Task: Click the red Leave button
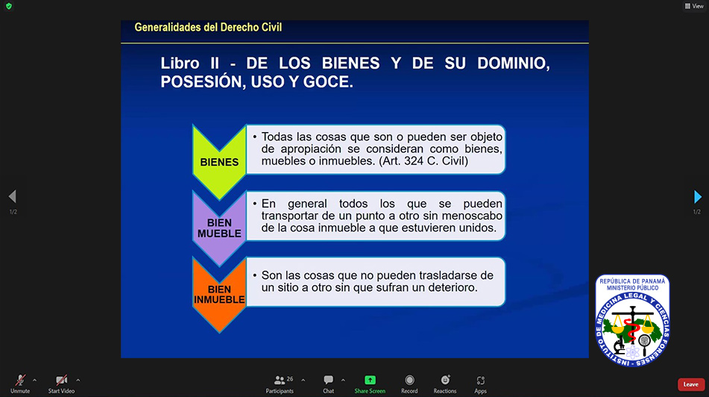pyautogui.click(x=690, y=384)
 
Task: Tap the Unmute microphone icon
pyautogui.click(x=20, y=380)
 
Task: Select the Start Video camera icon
pyautogui.click(x=61, y=380)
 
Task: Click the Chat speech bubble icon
pyautogui.click(x=328, y=380)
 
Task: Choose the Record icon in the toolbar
pyautogui.click(x=409, y=380)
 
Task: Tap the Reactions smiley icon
pyautogui.click(x=445, y=380)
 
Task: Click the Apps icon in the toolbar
pyautogui.click(x=480, y=381)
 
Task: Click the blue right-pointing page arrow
pyautogui.click(x=698, y=196)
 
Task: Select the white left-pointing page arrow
pyautogui.click(x=12, y=196)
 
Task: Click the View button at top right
pyautogui.click(x=693, y=6)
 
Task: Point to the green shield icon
pyautogui.click(x=9, y=6)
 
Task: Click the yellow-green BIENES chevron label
pyautogui.click(x=219, y=162)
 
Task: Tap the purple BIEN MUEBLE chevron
pyautogui.click(x=219, y=228)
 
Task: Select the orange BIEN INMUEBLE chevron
pyautogui.click(x=219, y=294)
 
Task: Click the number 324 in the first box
pyautogui.click(x=414, y=161)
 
